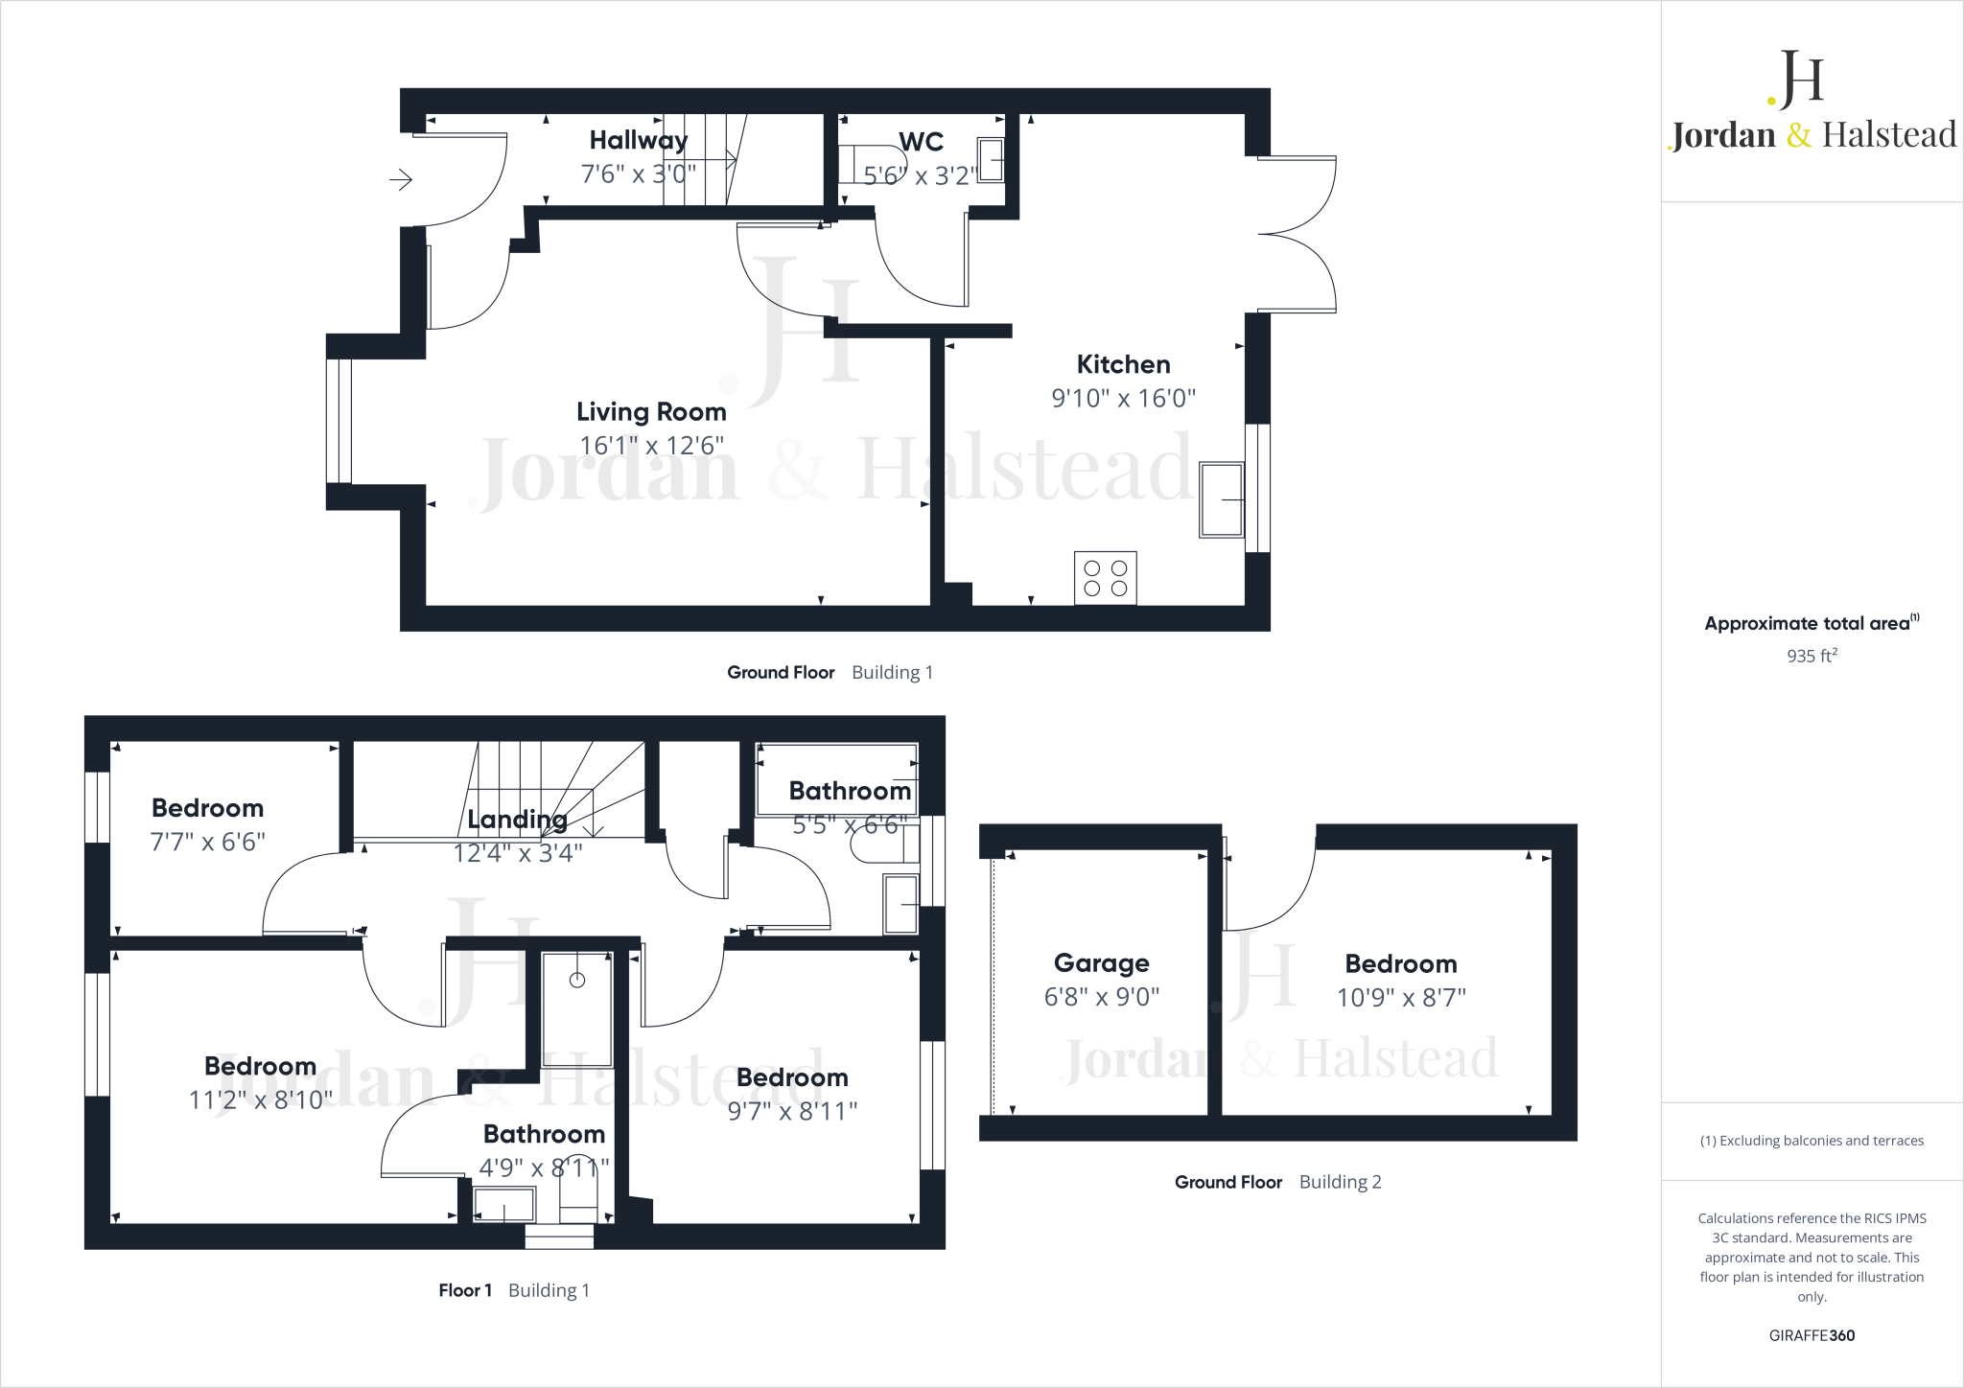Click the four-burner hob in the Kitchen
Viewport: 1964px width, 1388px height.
[x=1105, y=578]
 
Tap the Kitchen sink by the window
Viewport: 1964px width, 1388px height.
[x=1221, y=499]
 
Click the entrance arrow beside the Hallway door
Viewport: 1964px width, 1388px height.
[x=401, y=179]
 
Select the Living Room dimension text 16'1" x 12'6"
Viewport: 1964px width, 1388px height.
[x=651, y=446]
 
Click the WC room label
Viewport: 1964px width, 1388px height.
[x=921, y=142]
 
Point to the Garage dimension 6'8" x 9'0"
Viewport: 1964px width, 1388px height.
[x=1101, y=997]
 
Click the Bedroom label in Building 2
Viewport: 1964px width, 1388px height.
[x=1400, y=963]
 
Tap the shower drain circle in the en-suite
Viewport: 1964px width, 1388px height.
[x=577, y=980]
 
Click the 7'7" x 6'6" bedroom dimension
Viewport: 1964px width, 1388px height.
[x=207, y=842]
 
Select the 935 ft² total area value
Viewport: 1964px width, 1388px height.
[x=1811, y=657]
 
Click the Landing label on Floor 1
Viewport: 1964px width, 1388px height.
[x=517, y=820]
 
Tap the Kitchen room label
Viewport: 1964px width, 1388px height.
[x=1123, y=364]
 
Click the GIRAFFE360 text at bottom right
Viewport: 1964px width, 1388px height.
[x=1811, y=1335]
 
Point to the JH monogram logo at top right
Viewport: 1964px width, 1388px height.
[x=1797, y=79]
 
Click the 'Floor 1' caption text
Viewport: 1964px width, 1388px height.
[x=465, y=1290]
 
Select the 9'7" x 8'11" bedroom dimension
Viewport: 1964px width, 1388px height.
[x=792, y=1111]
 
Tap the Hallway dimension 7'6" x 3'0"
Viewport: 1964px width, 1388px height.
[x=638, y=174]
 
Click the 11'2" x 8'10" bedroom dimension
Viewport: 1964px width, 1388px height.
[x=260, y=1099]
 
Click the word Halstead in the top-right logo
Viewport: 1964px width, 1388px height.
[x=1888, y=135]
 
